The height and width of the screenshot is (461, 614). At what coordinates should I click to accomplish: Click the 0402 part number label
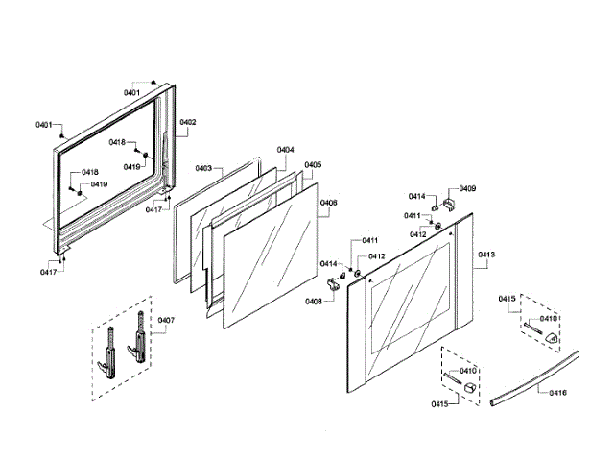(188, 122)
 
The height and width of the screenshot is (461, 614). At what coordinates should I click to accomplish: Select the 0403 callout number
(203, 168)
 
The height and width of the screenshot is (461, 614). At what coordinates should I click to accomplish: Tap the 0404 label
(286, 150)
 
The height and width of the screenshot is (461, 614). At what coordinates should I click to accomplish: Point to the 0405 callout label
(313, 165)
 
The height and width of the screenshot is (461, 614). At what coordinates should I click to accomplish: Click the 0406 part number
(328, 203)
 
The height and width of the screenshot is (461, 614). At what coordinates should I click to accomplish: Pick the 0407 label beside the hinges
(166, 320)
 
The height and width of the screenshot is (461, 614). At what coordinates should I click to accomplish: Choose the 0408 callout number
(314, 301)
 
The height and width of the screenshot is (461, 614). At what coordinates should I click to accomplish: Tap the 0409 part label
(467, 189)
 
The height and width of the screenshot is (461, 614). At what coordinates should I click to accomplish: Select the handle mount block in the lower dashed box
(466, 385)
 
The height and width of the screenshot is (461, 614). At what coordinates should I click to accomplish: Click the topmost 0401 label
(131, 92)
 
